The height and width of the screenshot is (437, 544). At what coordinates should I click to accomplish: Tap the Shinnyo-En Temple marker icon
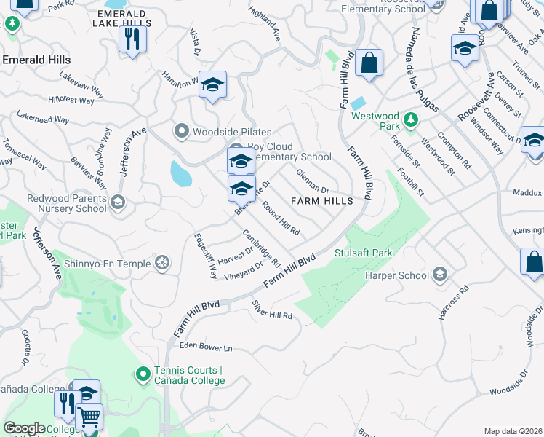pos(164,262)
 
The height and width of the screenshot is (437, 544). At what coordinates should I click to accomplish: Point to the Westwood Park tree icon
pos(410,117)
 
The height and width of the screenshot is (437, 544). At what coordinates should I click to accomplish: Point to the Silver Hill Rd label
pos(271,310)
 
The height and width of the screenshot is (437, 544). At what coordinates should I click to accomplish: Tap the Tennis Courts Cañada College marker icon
pos(143,375)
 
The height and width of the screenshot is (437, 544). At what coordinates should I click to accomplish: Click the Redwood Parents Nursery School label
pos(66,203)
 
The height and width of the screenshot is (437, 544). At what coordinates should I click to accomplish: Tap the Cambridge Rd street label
pos(262,248)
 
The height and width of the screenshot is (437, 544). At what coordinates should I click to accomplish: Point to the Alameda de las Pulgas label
pos(425,70)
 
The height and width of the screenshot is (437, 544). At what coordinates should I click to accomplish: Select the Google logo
pos(24,428)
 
